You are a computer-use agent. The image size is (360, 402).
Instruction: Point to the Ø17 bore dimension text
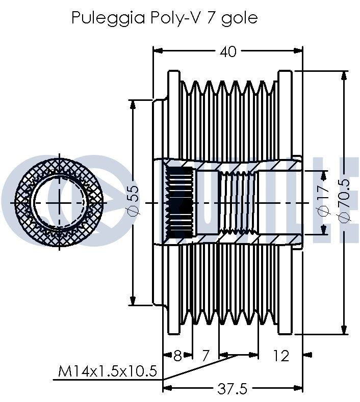322,202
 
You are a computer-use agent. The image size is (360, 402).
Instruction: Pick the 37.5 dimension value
232,389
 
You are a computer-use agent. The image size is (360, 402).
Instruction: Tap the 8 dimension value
177,355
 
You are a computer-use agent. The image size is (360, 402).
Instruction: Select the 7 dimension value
205,355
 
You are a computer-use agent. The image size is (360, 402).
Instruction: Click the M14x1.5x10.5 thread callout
107,371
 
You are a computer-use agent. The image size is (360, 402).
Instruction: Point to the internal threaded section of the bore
238,202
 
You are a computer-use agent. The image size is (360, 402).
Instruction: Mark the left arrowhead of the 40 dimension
158,51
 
